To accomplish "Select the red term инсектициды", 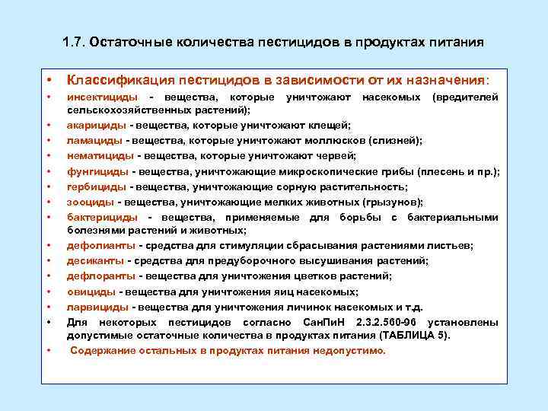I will [102, 97].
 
